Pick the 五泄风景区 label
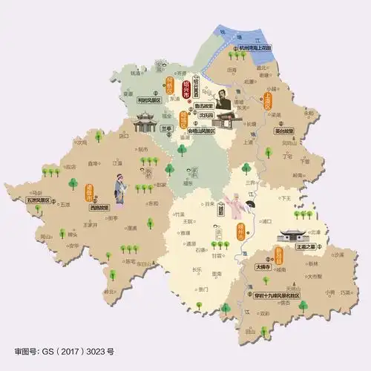coord(38,200)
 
